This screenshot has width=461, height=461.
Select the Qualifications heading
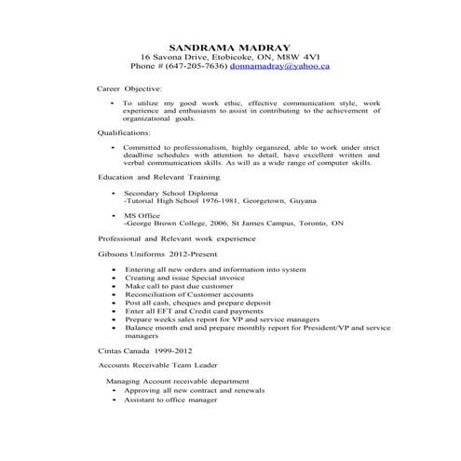(124, 133)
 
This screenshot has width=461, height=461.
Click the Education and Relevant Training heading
(158, 176)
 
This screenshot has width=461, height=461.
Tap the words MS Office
(142, 215)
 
